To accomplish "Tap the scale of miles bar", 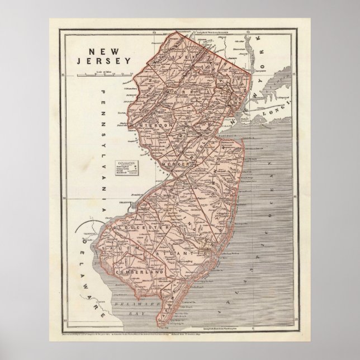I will coord(108,74).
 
